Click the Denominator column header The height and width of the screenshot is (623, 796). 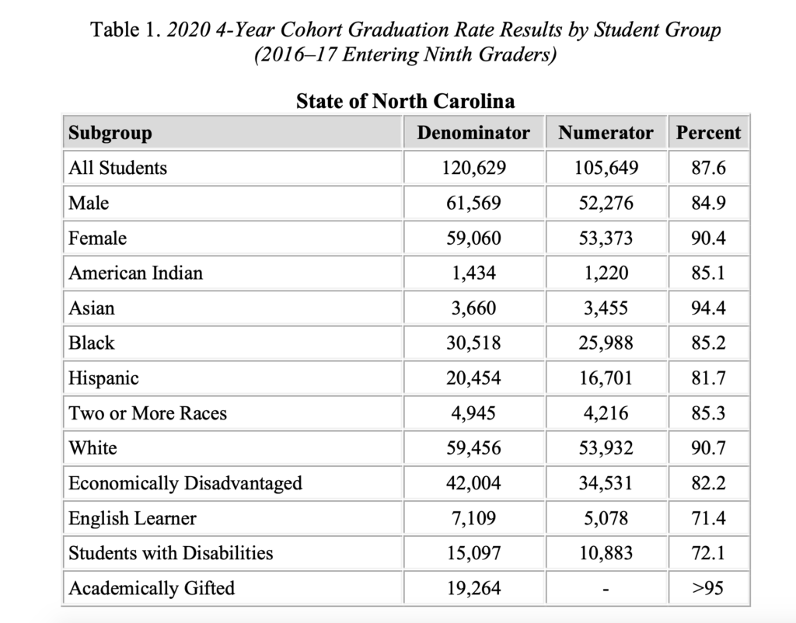pyautogui.click(x=473, y=132)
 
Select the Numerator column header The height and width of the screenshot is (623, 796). pyautogui.click(x=606, y=132)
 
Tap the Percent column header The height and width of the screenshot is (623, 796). pyautogui.click(x=708, y=132)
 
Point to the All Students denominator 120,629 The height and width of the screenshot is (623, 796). pyautogui.click(x=473, y=168)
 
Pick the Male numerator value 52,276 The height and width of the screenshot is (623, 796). pyautogui.click(x=606, y=203)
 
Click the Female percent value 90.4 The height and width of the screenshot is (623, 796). pyautogui.click(x=708, y=238)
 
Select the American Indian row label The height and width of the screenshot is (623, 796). pyautogui.click(x=135, y=273)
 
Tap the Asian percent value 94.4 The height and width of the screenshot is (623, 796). pyautogui.click(x=708, y=308)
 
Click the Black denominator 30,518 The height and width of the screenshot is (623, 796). pyautogui.click(x=473, y=343)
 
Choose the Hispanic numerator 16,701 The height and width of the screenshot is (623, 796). pyautogui.click(x=606, y=378)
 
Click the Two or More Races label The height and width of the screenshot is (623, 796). pyautogui.click(x=148, y=413)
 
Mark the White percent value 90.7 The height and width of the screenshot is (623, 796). pyautogui.click(x=708, y=448)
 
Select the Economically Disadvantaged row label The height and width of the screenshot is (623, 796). pyautogui.click(x=185, y=483)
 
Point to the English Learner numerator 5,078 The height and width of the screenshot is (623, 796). pyautogui.click(x=606, y=518)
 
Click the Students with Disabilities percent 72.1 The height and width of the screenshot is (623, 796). pyautogui.click(x=708, y=553)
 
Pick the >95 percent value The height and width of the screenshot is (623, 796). pyautogui.click(x=708, y=588)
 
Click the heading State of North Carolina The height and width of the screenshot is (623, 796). pyautogui.click(x=406, y=101)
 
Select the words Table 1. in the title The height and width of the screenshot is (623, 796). pyautogui.click(x=126, y=30)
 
